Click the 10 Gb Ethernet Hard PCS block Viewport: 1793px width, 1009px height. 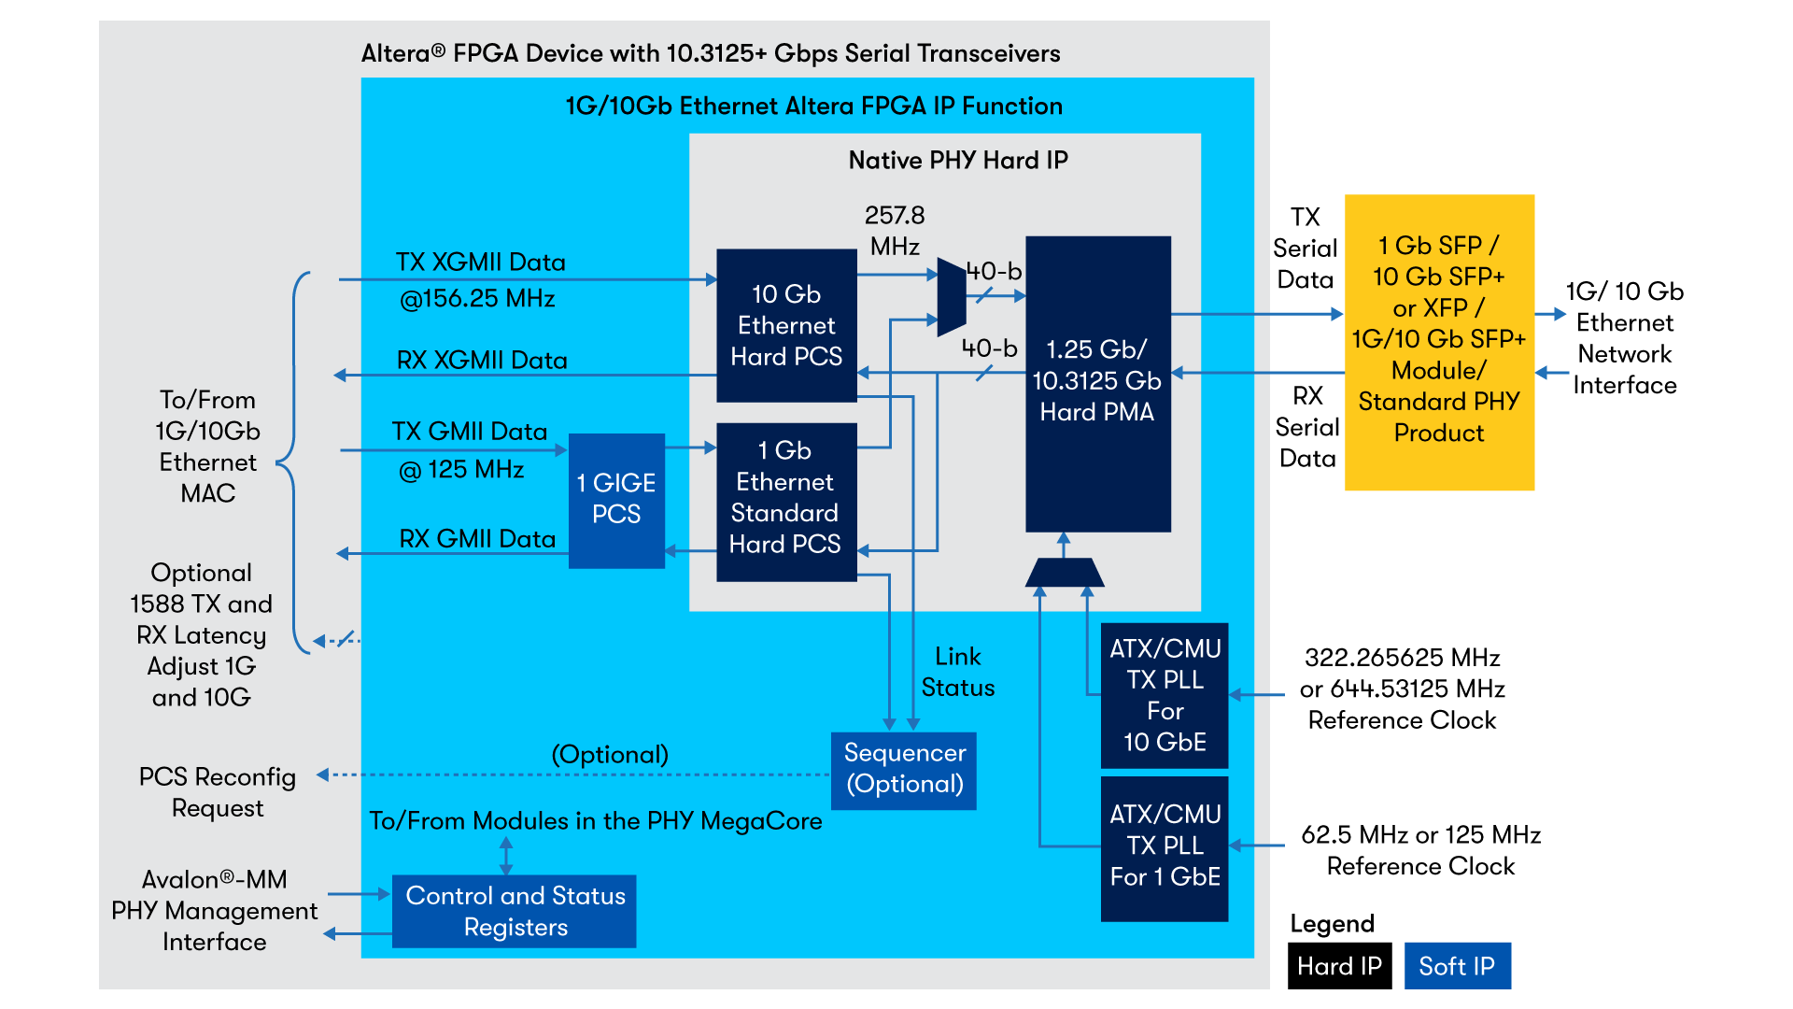coord(786,325)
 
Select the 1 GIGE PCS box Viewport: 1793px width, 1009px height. coord(616,500)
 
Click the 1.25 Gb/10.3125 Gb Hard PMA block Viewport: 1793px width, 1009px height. coord(1097,383)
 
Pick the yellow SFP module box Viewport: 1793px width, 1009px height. coord(1438,342)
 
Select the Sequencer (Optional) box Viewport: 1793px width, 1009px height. coord(903,770)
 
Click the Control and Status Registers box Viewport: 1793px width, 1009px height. coord(515,911)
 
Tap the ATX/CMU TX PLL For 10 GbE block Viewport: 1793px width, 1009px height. coord(1165,695)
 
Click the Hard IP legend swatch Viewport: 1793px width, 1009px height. coord(1339,966)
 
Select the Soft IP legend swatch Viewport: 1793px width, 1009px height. coord(1457,966)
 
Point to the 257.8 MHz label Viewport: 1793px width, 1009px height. coord(895,231)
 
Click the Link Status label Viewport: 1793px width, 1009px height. coord(957,672)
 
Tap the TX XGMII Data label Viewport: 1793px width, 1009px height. coord(480,263)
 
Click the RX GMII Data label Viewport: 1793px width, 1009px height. coord(477,539)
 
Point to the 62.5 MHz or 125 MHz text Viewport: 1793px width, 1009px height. coord(1420,834)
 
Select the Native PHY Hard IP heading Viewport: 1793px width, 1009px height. coord(957,161)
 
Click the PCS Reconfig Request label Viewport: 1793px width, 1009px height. coord(218,792)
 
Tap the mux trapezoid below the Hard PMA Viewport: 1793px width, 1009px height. coord(1065,573)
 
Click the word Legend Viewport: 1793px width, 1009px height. coord(1332,924)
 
